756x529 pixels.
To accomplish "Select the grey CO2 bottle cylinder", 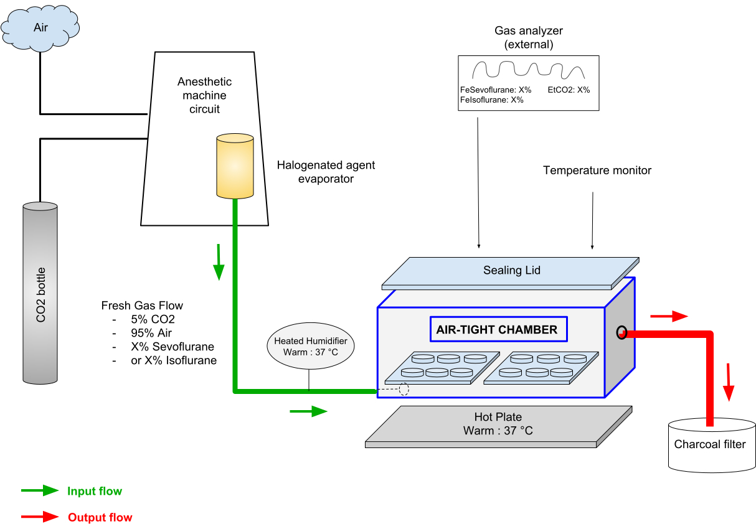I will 41,293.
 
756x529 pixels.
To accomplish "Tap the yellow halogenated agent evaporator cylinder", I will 235,166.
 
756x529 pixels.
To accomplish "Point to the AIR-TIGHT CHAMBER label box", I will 498,330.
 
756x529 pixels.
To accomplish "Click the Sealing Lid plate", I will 511,271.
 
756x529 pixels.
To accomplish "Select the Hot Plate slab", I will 498,426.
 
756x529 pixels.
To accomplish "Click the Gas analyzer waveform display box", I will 528,83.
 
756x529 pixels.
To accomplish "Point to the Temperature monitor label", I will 597,170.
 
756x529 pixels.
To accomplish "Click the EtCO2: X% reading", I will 569,90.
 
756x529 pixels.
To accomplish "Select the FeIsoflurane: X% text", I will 492,100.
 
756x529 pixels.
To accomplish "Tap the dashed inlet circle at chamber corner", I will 404,390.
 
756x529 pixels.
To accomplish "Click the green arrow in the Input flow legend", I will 40,491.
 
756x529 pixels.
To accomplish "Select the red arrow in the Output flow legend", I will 40,517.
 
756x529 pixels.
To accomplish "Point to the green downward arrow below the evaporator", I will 219,263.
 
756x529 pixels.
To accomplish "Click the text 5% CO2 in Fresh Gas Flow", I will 153,319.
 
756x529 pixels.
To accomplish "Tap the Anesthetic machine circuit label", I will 204,95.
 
